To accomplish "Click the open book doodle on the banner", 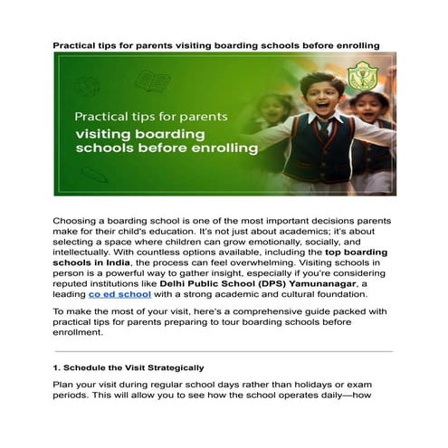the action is click(x=152, y=82).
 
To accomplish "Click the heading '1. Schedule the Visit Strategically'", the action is click(x=128, y=367).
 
